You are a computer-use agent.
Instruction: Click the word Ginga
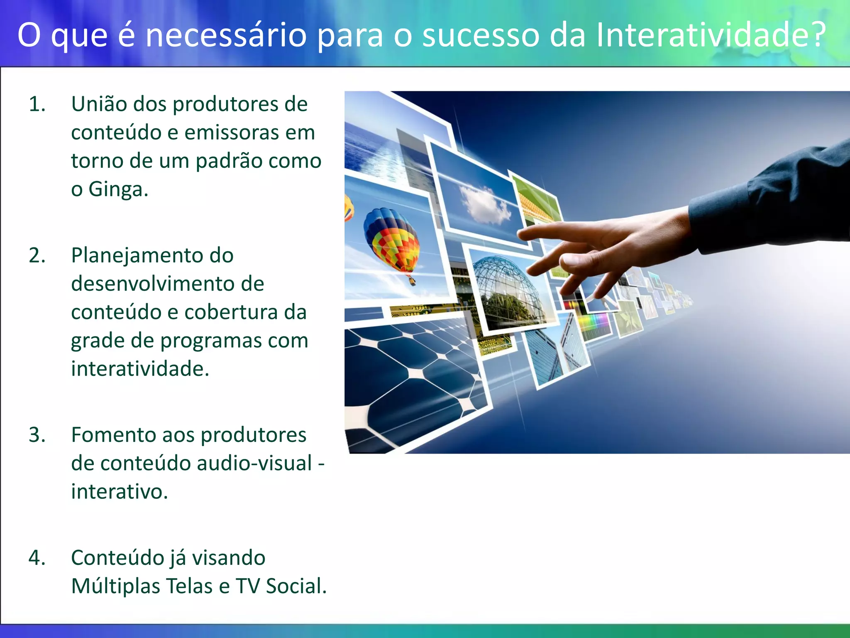click(118, 190)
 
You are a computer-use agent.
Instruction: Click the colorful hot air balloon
click(391, 241)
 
